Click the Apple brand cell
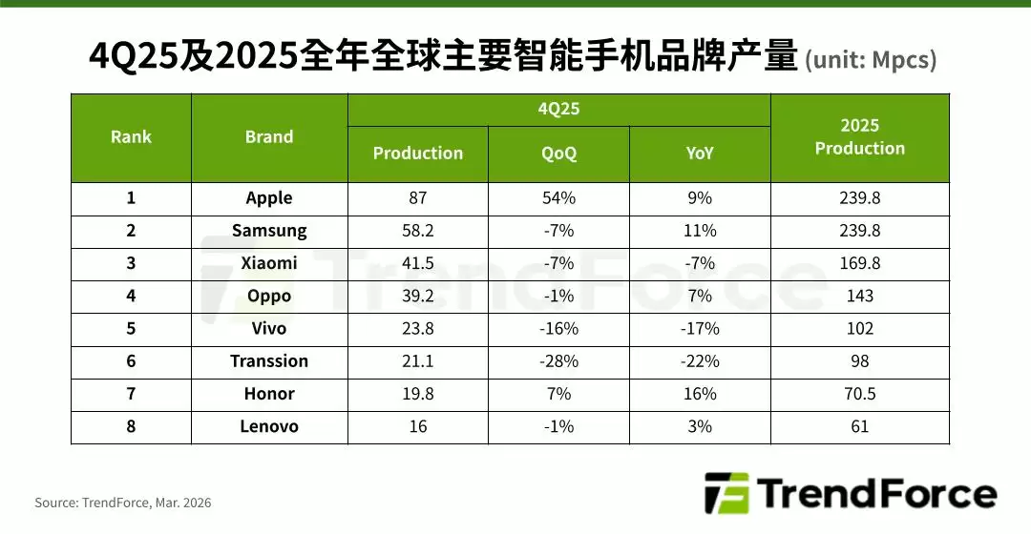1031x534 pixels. pos(269,198)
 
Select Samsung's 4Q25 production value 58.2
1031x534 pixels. pos(417,231)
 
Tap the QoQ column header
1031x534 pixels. pos(558,154)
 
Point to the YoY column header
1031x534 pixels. pos(700,154)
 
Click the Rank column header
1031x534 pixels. pos(131,137)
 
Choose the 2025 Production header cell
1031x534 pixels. pos(859,137)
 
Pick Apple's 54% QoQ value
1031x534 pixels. pos(558,198)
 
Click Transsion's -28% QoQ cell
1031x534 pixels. pos(558,361)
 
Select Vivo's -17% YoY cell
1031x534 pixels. pos(700,329)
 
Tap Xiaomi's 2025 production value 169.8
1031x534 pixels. pos(859,263)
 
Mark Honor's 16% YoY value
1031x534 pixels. pos(700,394)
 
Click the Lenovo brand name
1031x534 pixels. pos(269,426)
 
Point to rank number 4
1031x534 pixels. pos(131,296)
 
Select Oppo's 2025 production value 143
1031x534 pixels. pos(859,296)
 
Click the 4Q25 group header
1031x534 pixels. pos(558,109)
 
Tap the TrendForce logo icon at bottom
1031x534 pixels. pos(725,494)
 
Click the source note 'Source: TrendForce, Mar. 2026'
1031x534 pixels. pos(123,503)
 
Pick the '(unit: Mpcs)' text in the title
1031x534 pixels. pos(871,61)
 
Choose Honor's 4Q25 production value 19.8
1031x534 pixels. pos(417,394)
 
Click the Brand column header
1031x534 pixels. pos(269,137)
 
